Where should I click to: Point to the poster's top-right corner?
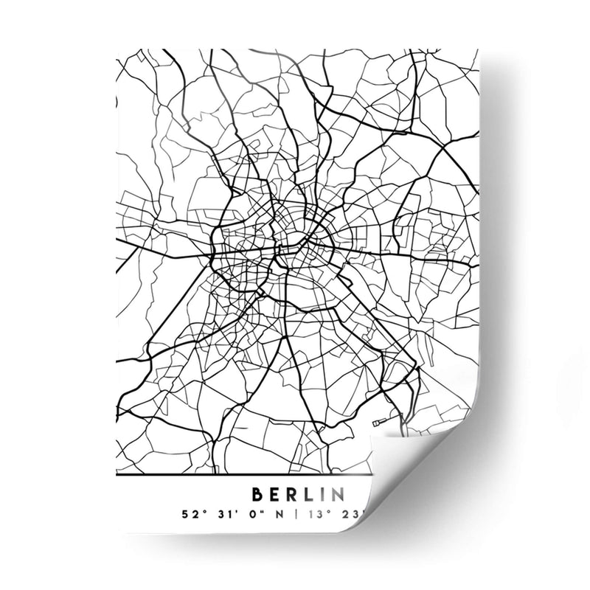[478, 50]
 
